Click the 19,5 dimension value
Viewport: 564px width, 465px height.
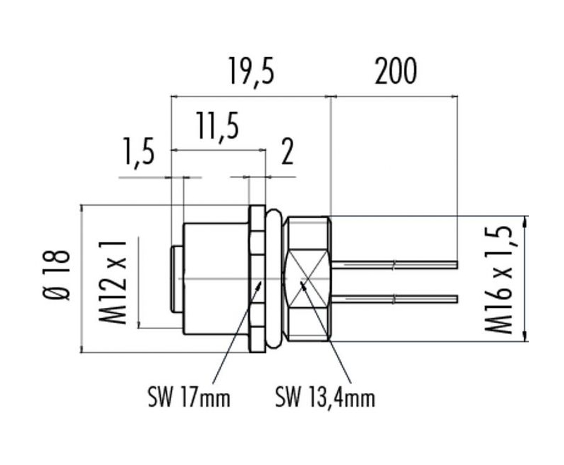point(252,73)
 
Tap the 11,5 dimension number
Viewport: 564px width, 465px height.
point(217,126)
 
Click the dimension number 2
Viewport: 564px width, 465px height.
point(287,151)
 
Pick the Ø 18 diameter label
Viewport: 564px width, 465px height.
point(57,275)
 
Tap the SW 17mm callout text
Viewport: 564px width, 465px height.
point(189,398)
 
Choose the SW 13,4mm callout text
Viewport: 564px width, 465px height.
point(325,398)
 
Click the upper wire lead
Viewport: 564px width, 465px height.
point(393,265)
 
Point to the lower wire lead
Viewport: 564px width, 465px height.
point(393,299)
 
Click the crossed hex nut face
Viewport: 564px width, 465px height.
point(307,279)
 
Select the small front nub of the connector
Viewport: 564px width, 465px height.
point(178,279)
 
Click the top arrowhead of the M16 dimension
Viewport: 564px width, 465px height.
point(527,221)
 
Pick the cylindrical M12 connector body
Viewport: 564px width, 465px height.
point(216,279)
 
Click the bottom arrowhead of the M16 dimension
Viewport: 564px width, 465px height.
point(527,335)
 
